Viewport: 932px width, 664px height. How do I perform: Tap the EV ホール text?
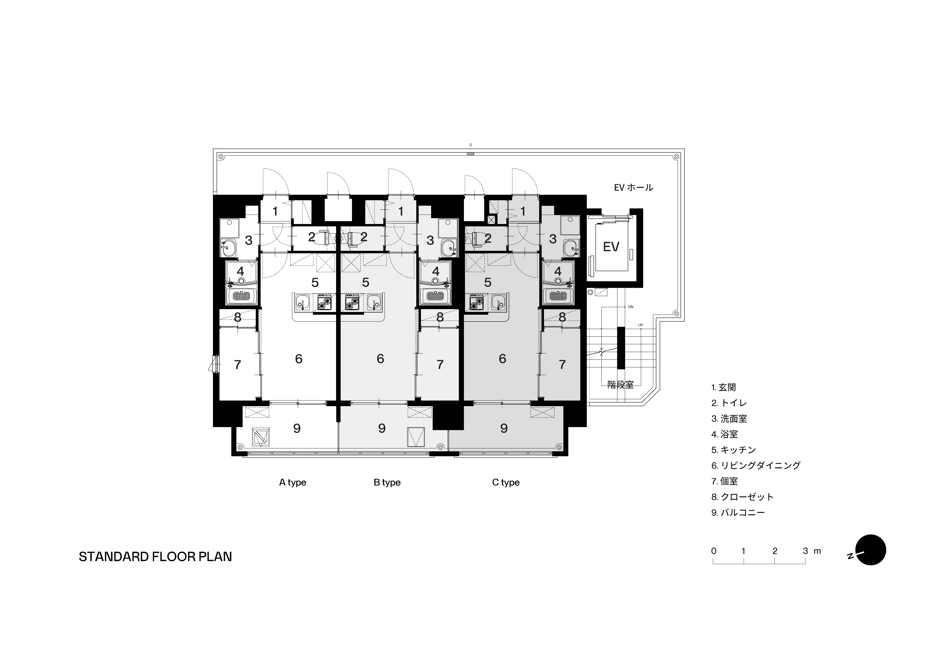pos(633,187)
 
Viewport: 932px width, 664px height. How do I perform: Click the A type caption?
pos(293,482)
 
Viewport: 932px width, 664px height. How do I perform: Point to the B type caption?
pos(387,482)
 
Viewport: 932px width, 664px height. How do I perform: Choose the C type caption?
pos(506,482)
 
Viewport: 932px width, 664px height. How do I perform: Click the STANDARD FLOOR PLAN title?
pos(155,557)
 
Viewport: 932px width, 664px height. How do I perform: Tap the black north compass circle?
pos(871,550)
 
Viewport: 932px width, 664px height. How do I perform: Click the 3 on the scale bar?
pos(805,551)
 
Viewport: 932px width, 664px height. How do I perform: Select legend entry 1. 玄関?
pos(723,387)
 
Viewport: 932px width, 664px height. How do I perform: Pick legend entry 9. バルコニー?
pos(738,512)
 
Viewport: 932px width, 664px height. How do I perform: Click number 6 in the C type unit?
pos(502,359)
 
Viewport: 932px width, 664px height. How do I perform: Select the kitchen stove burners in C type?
pos(476,303)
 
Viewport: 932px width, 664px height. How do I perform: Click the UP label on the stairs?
pos(641,325)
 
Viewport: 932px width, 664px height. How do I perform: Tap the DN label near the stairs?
pos(631,307)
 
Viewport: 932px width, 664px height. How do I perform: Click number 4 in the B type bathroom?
pos(436,271)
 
